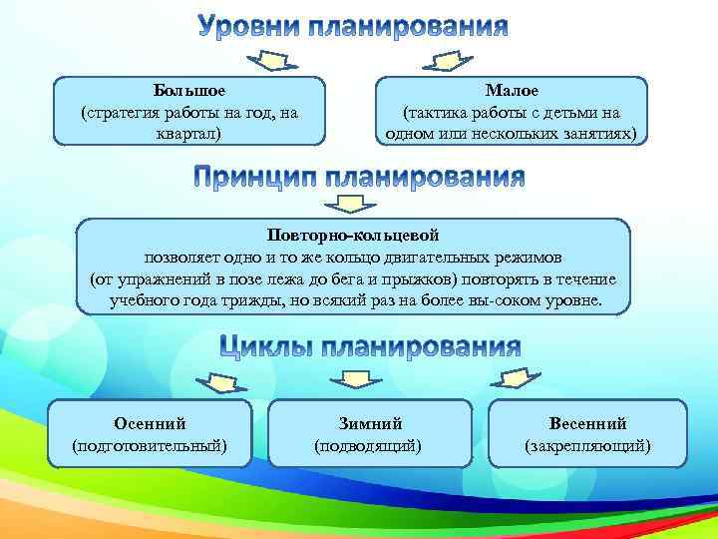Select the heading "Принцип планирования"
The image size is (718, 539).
point(358,178)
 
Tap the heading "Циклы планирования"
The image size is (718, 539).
point(370,346)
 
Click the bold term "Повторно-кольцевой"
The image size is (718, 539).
point(353,235)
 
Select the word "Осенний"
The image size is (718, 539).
point(150,423)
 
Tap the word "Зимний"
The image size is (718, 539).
point(368,423)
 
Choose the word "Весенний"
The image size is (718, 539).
point(587,423)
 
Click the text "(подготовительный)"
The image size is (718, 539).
point(150,445)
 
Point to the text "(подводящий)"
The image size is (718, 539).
point(368,445)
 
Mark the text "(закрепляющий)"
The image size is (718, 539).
point(587,445)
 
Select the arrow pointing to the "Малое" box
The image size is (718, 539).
point(454,62)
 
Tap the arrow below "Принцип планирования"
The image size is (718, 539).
point(349,205)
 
